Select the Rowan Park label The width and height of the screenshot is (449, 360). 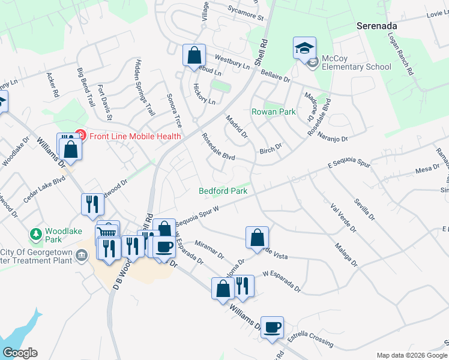[x=273, y=112]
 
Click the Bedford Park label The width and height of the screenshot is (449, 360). [x=223, y=191]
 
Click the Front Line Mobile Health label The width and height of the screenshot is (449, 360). [x=135, y=136]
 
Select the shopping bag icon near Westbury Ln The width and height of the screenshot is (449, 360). [x=194, y=56]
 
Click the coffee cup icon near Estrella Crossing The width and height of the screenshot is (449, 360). [x=272, y=327]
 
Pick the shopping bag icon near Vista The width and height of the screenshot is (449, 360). [x=257, y=237]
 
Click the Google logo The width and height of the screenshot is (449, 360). [x=19, y=353]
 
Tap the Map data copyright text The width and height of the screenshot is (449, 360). [x=411, y=355]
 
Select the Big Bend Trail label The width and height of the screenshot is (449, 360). [x=86, y=87]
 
